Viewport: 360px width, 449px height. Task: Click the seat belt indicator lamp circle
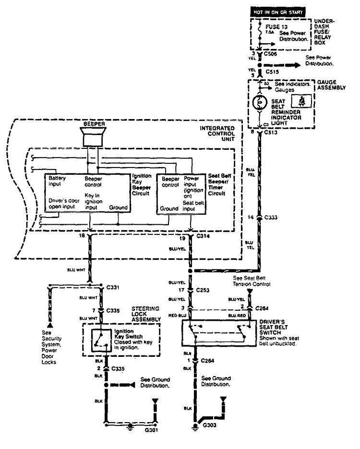[x=259, y=103]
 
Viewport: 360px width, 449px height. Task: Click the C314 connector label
[x=204, y=237]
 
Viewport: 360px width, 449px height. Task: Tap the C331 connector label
[x=113, y=288]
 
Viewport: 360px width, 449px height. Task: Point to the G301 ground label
[x=152, y=430]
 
